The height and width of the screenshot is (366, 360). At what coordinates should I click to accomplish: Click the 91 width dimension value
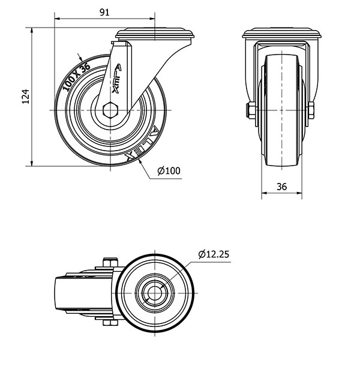pos(104,12)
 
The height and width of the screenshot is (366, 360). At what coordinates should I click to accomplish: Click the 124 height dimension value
pos(25,96)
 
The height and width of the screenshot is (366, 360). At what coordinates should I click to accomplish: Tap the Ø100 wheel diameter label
pos(169,171)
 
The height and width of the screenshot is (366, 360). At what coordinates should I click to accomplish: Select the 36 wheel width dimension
pos(281,187)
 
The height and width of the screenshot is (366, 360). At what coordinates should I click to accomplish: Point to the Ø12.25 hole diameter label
pos(213,253)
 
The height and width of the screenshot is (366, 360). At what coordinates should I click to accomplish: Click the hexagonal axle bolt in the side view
pos(110,112)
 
